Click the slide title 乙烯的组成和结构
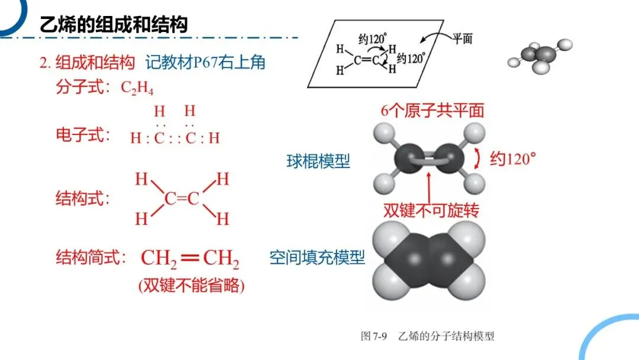(x=114, y=25)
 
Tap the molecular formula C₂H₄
(x=137, y=88)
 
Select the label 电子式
(x=83, y=134)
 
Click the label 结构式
(x=83, y=198)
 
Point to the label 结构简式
(x=91, y=257)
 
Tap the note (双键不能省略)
(x=192, y=285)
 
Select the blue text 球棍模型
(x=318, y=161)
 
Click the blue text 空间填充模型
(x=317, y=257)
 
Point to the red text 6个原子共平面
(x=433, y=111)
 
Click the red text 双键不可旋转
(x=431, y=210)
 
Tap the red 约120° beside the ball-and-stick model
(x=512, y=159)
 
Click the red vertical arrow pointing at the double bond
(x=429, y=188)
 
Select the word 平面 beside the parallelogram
(x=463, y=38)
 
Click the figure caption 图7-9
(x=374, y=336)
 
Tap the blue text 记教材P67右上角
(x=205, y=62)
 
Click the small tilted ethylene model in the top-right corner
(x=540, y=56)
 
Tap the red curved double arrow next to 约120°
(x=477, y=159)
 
